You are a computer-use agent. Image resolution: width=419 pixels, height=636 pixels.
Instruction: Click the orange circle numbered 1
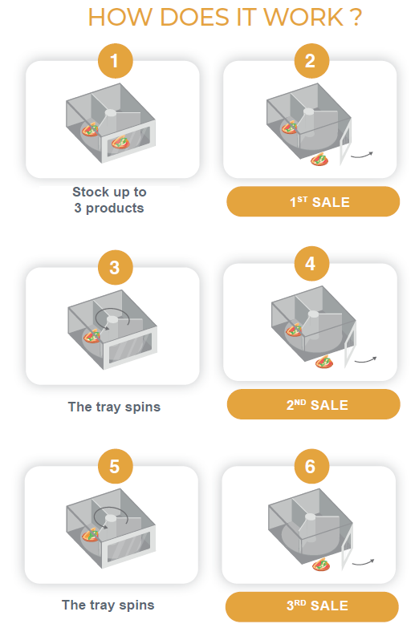116,61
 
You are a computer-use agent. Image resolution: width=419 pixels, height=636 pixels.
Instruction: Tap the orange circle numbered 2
311,61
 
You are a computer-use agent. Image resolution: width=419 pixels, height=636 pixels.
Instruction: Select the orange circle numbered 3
116,267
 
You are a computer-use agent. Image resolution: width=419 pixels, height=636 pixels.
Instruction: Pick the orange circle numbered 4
311,264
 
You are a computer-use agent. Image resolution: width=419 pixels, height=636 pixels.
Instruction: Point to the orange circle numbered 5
116,466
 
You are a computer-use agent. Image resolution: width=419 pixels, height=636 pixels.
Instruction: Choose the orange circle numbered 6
311,466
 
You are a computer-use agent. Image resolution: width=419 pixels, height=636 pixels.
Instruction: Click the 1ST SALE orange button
313,201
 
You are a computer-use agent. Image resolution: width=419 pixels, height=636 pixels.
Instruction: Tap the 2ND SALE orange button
313,404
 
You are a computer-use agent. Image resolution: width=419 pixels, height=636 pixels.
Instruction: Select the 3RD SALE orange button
312,607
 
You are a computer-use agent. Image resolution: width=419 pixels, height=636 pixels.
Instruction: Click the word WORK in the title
304,18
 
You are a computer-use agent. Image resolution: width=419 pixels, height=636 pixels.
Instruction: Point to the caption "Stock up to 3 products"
109,200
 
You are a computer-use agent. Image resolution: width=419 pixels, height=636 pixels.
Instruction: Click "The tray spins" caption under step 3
114,407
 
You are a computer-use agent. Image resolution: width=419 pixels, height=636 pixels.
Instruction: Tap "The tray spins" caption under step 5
108,606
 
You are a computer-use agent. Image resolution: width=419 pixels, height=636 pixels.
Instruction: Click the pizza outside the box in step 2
319,159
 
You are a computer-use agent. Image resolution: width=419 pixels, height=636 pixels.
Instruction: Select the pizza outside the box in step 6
321,565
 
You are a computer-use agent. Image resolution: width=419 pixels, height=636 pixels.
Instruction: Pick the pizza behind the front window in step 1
120,143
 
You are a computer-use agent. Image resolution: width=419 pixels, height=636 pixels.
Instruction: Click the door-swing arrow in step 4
366,360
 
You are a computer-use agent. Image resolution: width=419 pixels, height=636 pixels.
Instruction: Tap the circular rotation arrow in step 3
112,314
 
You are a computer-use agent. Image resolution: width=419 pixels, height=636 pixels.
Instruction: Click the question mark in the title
356,18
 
